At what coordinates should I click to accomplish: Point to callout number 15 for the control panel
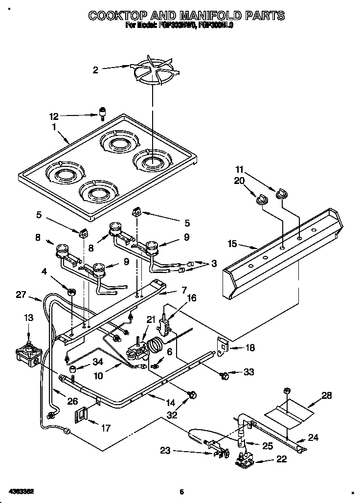click(232, 243)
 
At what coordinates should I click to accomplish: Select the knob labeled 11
click(282, 195)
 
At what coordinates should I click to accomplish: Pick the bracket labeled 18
click(223, 347)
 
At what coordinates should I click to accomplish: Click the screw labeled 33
click(224, 375)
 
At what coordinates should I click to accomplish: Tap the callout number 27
click(21, 295)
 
